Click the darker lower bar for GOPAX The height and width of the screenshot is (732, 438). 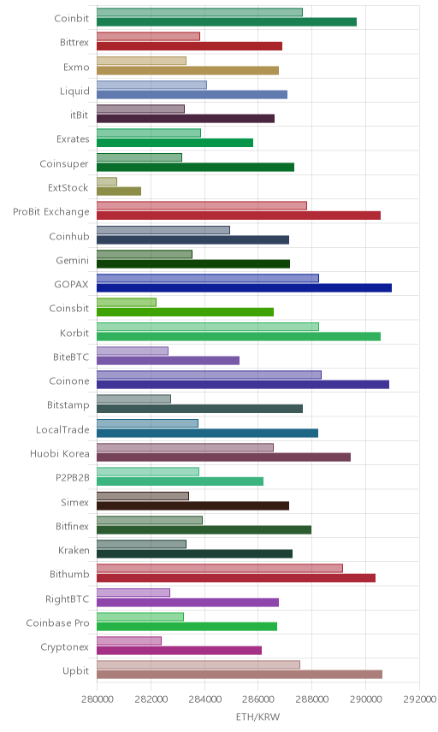point(244,288)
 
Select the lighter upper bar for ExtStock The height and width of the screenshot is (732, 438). point(107,181)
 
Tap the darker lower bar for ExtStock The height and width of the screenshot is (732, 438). point(119,192)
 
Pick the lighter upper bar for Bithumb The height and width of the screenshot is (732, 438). point(220,568)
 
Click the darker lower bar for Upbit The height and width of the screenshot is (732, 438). point(240,675)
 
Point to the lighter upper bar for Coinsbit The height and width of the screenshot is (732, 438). point(127,302)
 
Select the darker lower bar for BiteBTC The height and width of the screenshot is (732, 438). point(169,360)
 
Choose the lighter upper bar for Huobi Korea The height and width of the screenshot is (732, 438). point(186,447)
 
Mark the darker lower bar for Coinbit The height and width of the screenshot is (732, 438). point(227,22)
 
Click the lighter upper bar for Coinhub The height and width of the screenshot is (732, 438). point(163,230)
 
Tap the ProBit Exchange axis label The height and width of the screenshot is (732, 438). point(50,212)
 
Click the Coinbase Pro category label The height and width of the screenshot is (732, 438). point(57,623)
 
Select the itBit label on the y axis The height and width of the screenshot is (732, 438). point(79,115)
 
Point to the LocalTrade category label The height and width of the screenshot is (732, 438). point(62,429)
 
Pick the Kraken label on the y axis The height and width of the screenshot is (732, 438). point(74,551)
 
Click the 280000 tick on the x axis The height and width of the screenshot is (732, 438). point(98,699)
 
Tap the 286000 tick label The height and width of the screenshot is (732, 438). point(258,699)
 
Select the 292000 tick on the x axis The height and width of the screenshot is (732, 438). point(419,699)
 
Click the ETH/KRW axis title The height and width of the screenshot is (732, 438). point(257,717)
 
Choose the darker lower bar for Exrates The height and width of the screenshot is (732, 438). point(175,143)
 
